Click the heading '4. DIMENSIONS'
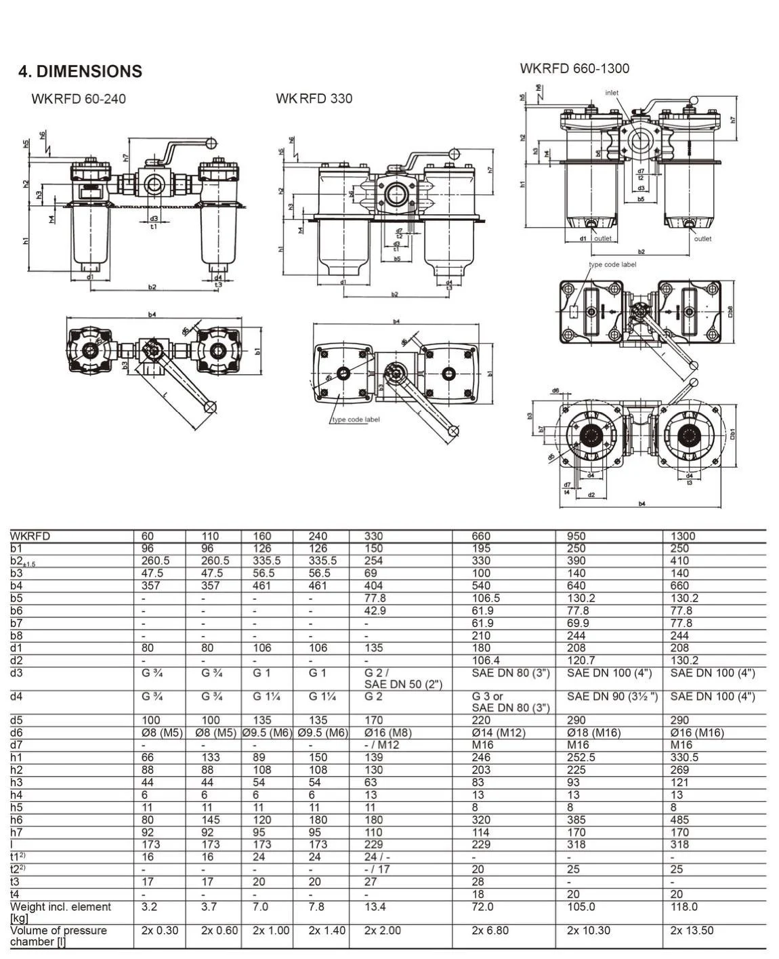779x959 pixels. coord(80,72)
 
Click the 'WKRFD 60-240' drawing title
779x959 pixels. coord(79,99)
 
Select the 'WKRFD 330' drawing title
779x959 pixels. coord(314,99)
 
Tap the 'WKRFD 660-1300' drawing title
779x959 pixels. coord(574,68)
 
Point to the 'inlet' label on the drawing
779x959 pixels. coord(612,93)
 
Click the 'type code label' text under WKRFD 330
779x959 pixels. coord(356,420)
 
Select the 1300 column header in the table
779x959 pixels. coord(683,536)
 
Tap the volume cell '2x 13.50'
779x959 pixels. coord(692,931)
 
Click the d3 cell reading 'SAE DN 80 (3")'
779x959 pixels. coord(511,673)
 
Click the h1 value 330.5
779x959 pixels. coord(684,758)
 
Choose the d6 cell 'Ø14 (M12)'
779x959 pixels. coord(499,733)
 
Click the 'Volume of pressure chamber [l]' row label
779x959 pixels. coord(58,936)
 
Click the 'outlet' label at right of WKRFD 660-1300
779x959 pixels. coord(702,239)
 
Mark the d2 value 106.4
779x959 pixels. coord(485,660)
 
